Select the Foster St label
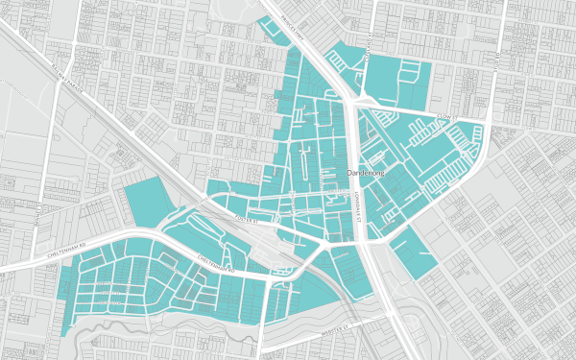pyautogui.click(x=248, y=220)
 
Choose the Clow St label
pyautogui.click(x=443, y=116)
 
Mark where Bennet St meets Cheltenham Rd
pyautogui.click(x=35, y=252)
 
